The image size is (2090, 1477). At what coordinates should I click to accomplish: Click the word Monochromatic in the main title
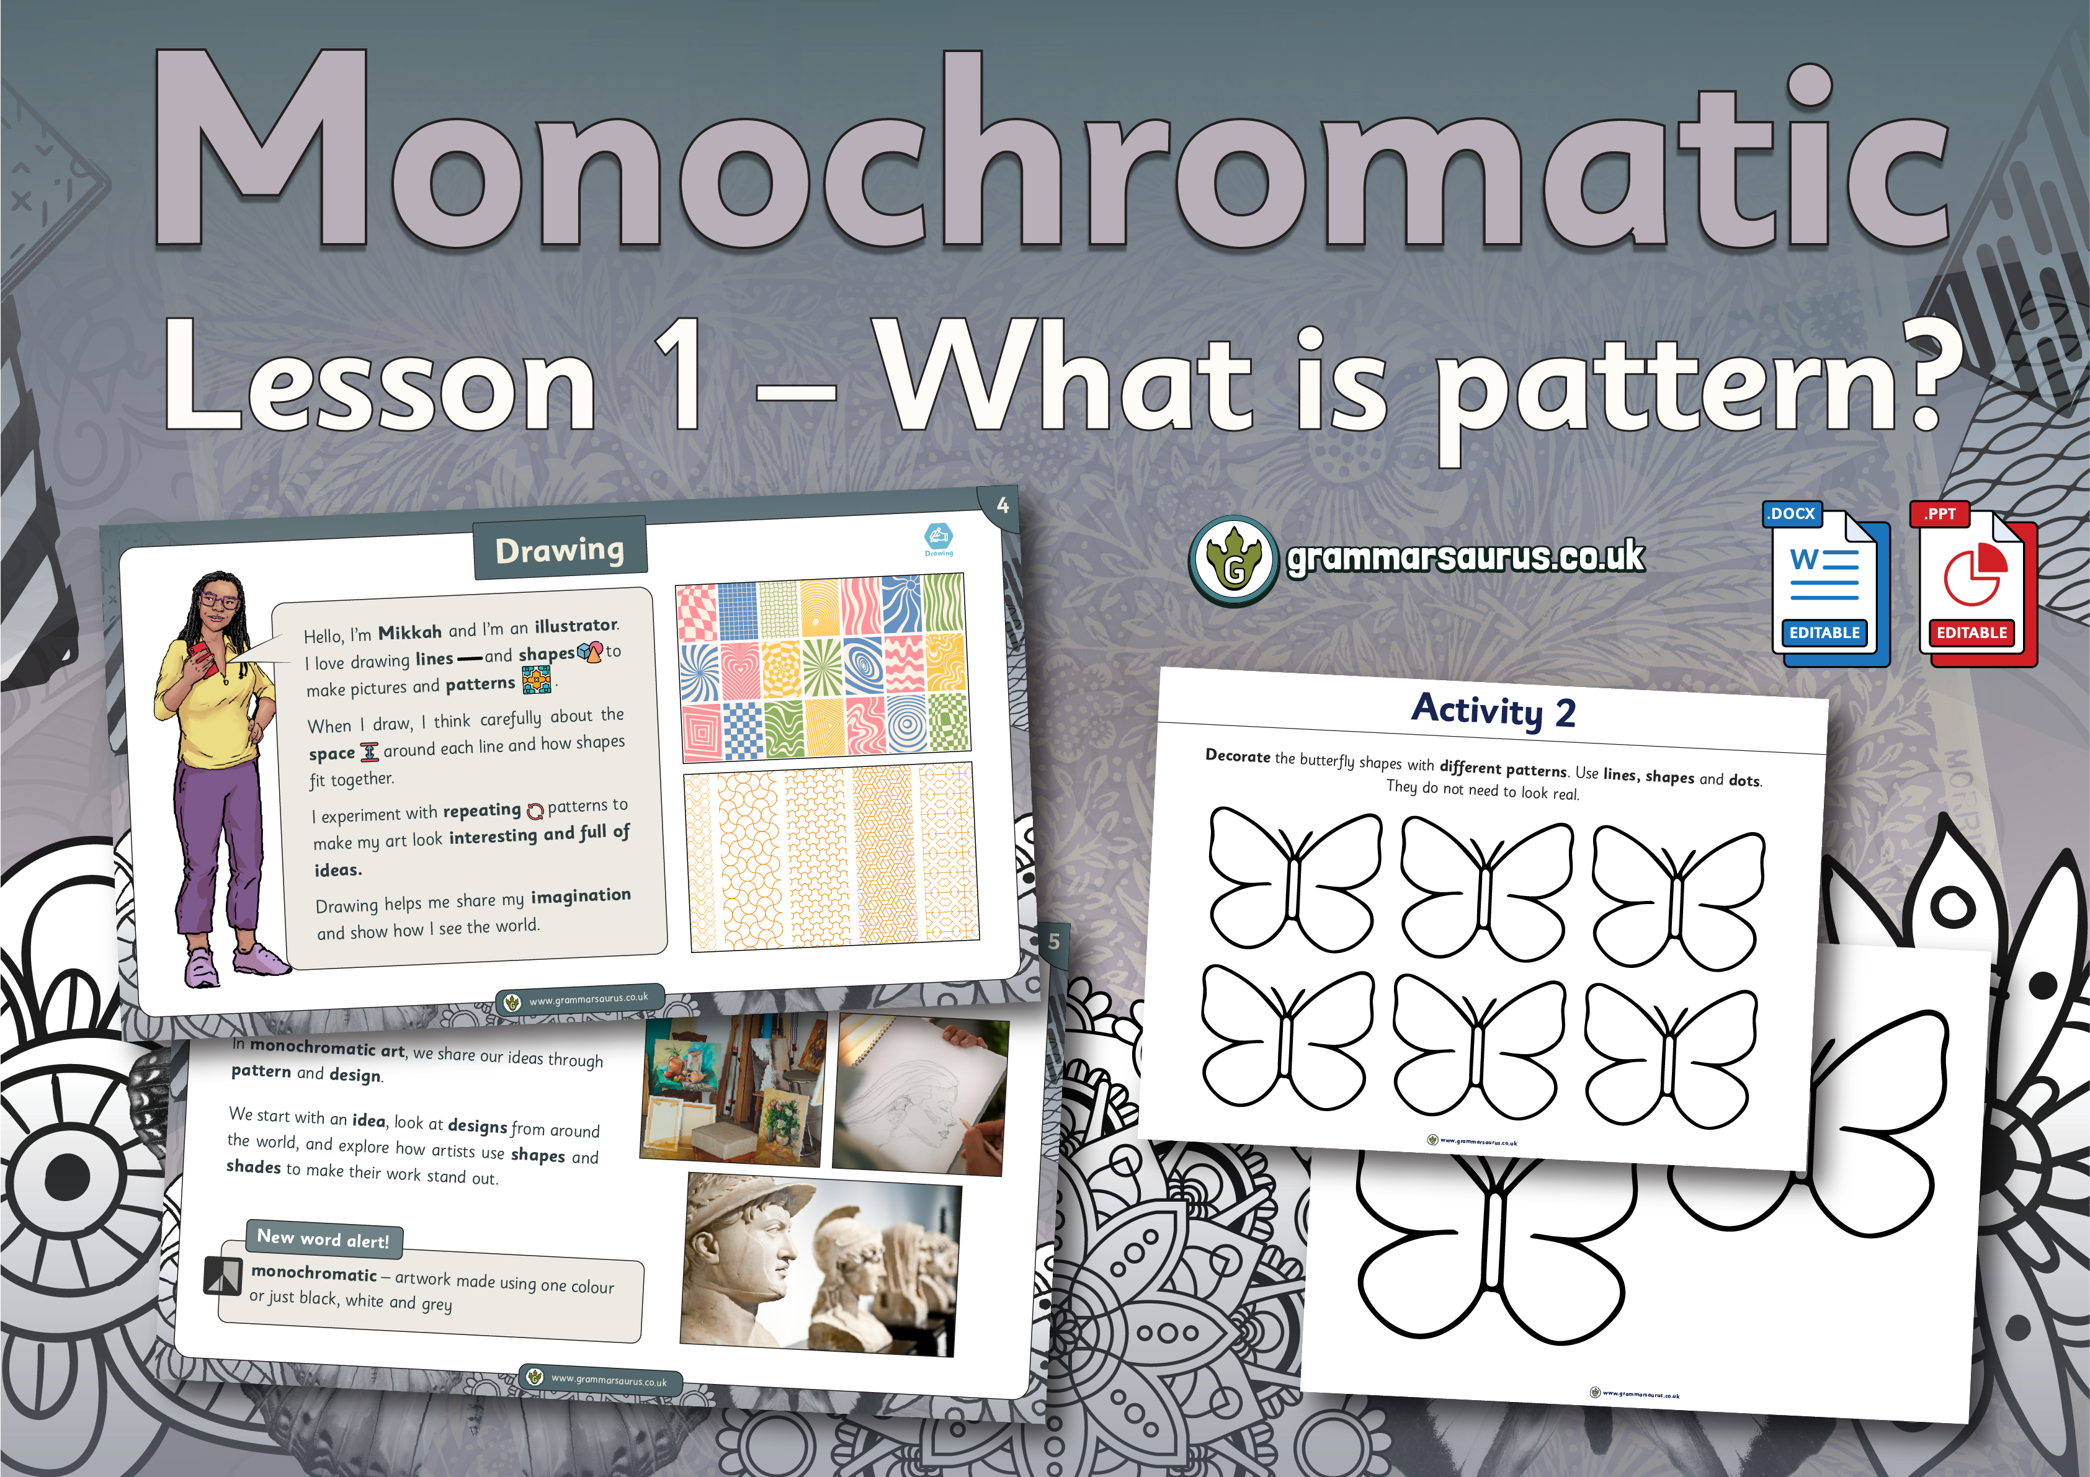1052,150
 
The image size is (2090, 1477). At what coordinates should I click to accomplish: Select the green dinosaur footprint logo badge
1233,561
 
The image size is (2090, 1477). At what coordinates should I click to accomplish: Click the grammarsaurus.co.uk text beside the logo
1465,557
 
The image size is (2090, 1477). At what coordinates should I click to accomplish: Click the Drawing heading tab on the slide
560,549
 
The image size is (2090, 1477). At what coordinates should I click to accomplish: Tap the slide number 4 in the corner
1003,505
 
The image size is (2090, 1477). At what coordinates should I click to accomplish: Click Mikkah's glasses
218,601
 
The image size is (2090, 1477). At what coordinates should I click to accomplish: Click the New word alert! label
323,1238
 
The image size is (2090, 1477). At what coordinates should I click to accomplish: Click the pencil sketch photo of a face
921,1095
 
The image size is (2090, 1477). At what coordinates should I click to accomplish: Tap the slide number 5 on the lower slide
1054,942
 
